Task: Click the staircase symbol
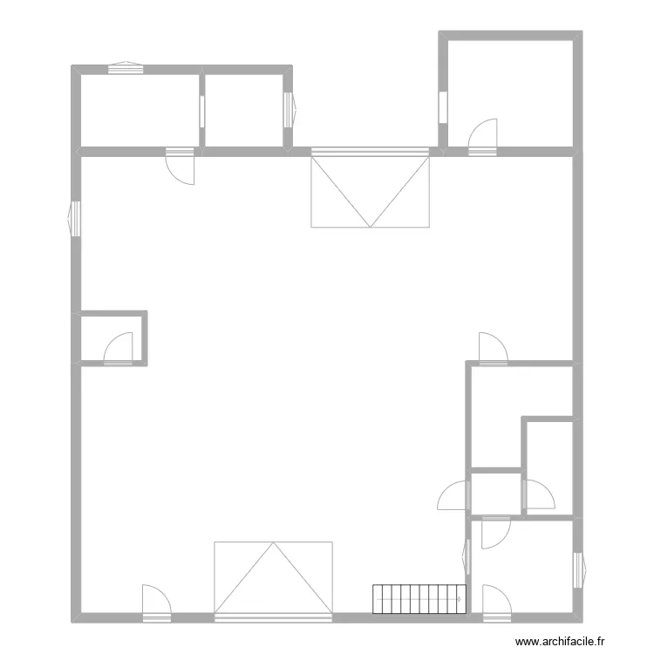point(419,599)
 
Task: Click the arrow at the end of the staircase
point(458,599)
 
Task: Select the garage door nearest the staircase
point(273,579)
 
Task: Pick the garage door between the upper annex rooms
point(371,189)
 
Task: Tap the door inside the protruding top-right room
point(482,138)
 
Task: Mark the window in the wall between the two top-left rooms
point(202,110)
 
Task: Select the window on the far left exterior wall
point(75,217)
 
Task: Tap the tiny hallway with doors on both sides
point(496,494)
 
